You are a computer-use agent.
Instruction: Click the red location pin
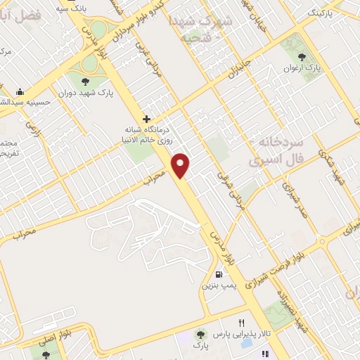pyautogui.click(x=181, y=165)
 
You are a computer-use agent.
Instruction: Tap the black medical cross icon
pyautogui.click(x=146, y=119)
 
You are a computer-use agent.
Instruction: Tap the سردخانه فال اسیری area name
pyautogui.click(x=272, y=152)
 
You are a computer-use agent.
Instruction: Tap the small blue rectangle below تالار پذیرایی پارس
pyautogui.click(x=246, y=344)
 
